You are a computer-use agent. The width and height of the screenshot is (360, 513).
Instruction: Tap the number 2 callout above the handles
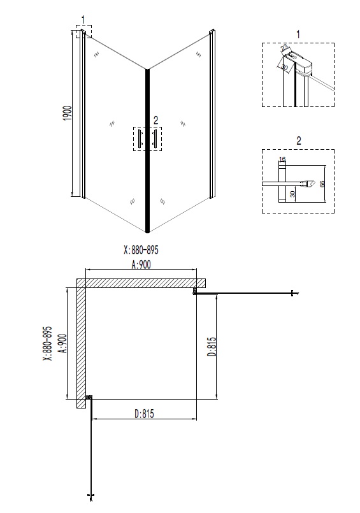(155, 120)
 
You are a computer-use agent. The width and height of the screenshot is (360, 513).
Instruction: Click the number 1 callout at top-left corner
(82, 20)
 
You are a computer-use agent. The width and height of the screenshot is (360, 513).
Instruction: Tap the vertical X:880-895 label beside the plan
(47, 344)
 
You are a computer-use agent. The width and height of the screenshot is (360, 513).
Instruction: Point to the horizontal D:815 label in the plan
(144, 414)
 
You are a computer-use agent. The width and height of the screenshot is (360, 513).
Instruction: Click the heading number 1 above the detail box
(298, 33)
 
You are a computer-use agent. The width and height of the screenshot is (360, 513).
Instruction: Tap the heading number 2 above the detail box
(298, 140)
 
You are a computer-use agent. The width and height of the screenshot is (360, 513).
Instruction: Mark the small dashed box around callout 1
(83, 31)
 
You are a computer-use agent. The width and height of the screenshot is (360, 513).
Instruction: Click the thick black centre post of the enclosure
(148, 150)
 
